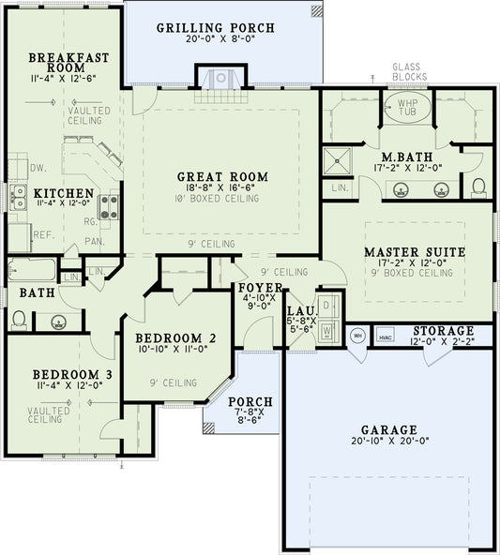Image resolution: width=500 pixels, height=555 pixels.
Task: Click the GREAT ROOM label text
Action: click(222, 176)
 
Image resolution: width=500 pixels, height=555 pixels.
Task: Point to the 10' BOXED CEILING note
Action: click(222, 199)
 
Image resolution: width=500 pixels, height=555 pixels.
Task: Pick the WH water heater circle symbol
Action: click(356, 335)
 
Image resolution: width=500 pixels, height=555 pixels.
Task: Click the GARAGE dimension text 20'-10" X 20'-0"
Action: click(390, 439)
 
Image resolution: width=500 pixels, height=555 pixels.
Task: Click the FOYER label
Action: click(255, 288)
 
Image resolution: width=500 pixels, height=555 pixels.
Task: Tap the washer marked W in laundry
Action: click(327, 331)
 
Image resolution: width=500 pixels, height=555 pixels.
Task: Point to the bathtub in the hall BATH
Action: click(31, 271)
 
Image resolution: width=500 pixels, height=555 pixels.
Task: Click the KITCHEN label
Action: click(65, 193)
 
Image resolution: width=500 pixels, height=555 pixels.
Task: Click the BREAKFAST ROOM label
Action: click(68, 64)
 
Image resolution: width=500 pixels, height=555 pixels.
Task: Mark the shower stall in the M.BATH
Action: click(337, 161)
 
